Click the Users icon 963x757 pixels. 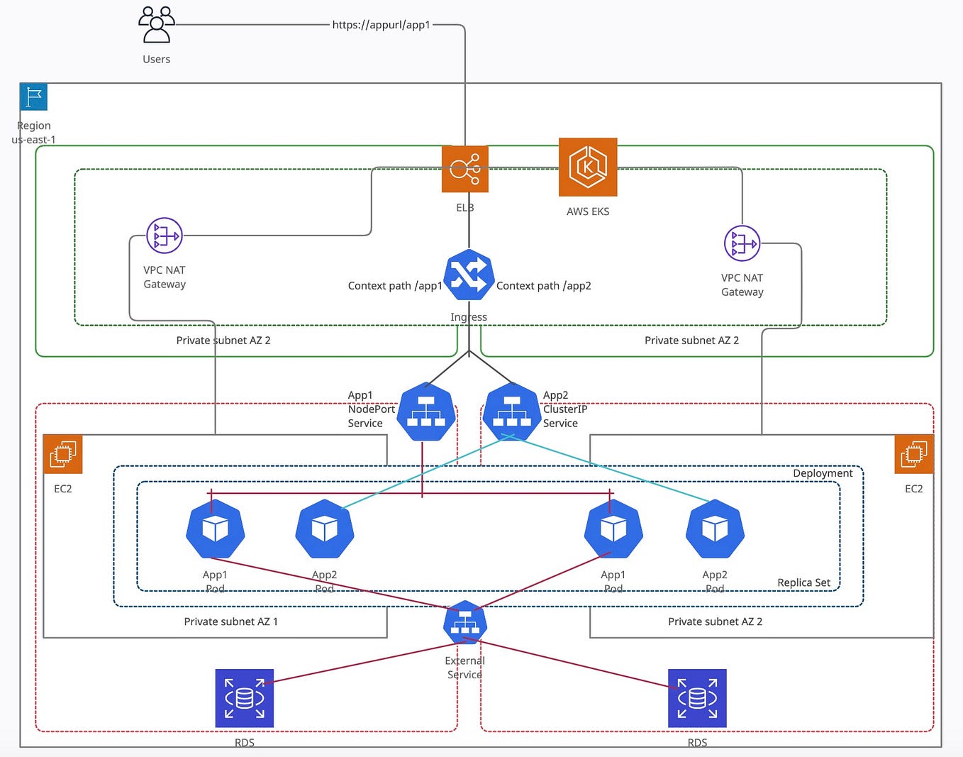pyautogui.click(x=156, y=25)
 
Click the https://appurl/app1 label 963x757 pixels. pyautogui.click(x=381, y=25)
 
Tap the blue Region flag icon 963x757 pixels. pyautogui.click(x=33, y=96)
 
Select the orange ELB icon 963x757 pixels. pyautogui.click(x=464, y=169)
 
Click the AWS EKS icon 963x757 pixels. pyautogui.click(x=588, y=167)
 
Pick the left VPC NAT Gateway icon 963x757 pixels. pyautogui.click(x=165, y=236)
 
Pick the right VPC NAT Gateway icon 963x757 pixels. pyautogui.click(x=742, y=243)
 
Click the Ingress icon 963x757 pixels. pyautogui.click(x=469, y=275)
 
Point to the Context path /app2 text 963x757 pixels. pyautogui.click(x=544, y=286)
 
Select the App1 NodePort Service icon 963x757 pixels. pyautogui.click(x=425, y=411)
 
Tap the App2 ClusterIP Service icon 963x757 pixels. pyautogui.click(x=511, y=411)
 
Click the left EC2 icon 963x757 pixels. pyautogui.click(x=63, y=454)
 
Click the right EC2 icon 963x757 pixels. pyautogui.click(x=913, y=454)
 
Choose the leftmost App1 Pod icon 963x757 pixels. pyautogui.click(x=215, y=529)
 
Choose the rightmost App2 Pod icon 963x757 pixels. pyautogui.click(x=715, y=529)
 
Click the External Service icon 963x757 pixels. pyautogui.click(x=465, y=622)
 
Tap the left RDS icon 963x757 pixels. pyautogui.click(x=244, y=698)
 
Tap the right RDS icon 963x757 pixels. pyautogui.click(x=697, y=698)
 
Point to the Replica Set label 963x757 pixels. pyautogui.click(x=803, y=582)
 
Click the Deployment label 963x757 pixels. pyautogui.click(x=823, y=473)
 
